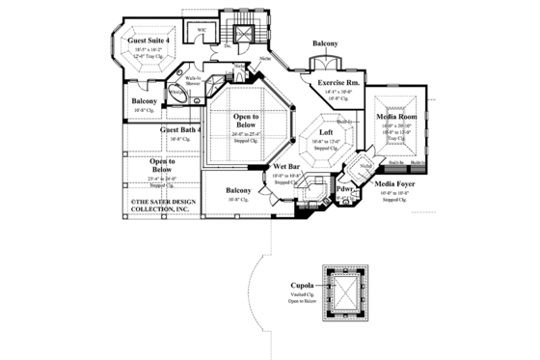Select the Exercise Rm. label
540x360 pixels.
click(340, 83)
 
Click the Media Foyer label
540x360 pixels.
click(395, 182)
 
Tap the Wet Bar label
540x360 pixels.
click(288, 166)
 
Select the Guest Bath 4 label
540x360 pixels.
click(182, 128)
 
